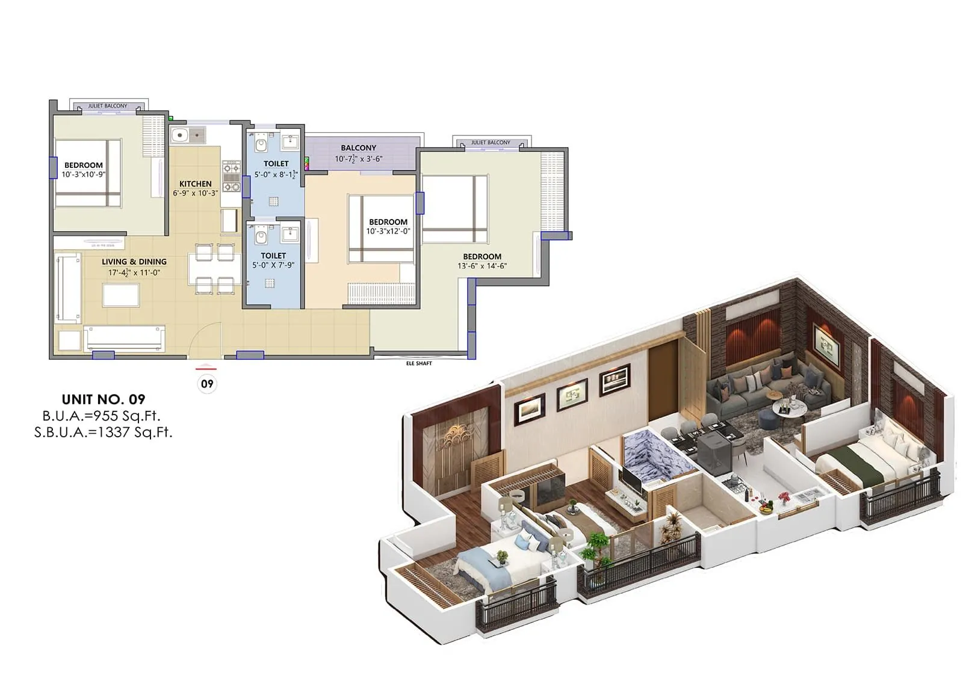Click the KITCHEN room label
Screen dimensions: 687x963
(x=196, y=183)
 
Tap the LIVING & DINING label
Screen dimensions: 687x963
(x=134, y=262)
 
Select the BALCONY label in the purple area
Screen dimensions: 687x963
(x=358, y=147)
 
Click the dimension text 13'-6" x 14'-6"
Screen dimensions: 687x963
(x=482, y=266)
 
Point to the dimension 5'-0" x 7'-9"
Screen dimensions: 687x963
(x=273, y=265)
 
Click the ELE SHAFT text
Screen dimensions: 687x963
(x=419, y=363)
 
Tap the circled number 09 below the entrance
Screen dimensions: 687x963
(x=207, y=384)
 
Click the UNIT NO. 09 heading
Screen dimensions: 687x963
(x=104, y=399)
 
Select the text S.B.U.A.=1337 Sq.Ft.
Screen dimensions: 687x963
(x=104, y=431)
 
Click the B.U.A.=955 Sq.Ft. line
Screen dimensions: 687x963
(x=101, y=416)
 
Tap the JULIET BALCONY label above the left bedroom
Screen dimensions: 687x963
(x=108, y=106)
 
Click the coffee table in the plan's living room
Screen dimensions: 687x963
(x=120, y=295)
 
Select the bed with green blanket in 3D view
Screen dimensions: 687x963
(x=867, y=463)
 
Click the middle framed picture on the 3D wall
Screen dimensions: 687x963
(x=571, y=395)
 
